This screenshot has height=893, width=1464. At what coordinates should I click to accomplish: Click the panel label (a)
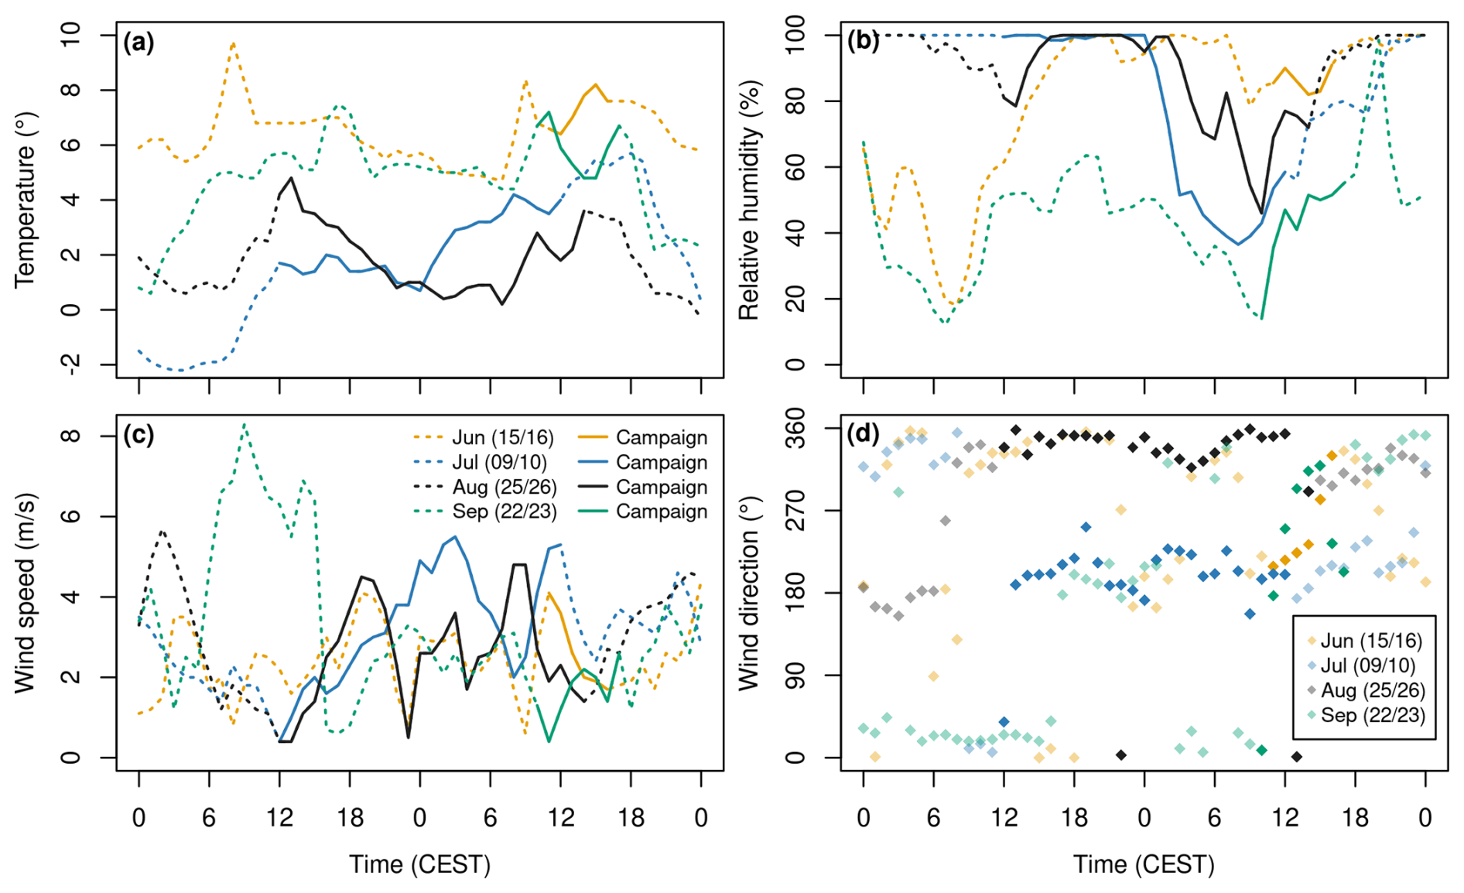pyautogui.click(x=139, y=43)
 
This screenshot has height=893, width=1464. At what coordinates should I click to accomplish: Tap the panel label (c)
pyautogui.click(x=139, y=435)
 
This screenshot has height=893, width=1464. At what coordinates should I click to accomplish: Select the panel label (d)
pyautogui.click(x=864, y=434)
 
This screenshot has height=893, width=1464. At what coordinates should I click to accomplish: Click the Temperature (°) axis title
pyautogui.click(x=26, y=200)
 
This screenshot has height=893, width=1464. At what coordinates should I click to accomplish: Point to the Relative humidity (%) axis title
pyautogui.click(x=749, y=200)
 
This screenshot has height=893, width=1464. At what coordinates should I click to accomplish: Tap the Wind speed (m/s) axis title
pyautogui.click(x=26, y=592)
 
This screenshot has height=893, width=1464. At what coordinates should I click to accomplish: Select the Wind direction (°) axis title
pyautogui.click(x=749, y=592)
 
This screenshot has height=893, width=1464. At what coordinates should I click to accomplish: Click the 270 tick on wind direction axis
pyautogui.click(x=795, y=511)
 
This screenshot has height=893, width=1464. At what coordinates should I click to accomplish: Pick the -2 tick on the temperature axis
pyautogui.click(x=70, y=364)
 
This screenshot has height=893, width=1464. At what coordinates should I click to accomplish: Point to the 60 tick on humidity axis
pyautogui.click(x=795, y=167)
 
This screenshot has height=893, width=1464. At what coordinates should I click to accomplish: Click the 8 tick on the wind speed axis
pyautogui.click(x=70, y=436)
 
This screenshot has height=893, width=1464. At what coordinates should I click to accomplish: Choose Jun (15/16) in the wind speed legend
pyautogui.click(x=503, y=438)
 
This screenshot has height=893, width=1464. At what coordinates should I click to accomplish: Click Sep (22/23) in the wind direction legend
pyautogui.click(x=1372, y=715)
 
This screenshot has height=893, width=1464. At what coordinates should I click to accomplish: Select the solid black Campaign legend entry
pyautogui.click(x=662, y=487)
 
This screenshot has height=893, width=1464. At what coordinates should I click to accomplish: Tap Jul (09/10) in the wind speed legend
pyautogui.click(x=499, y=463)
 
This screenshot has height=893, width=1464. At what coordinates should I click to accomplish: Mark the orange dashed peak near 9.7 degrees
pyautogui.click(x=233, y=44)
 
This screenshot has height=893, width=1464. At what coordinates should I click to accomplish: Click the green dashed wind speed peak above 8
pyautogui.click(x=245, y=424)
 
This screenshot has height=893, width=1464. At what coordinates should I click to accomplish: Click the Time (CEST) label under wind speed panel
pyautogui.click(x=419, y=864)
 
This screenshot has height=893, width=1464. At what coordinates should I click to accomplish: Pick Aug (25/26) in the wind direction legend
pyautogui.click(x=1372, y=690)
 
